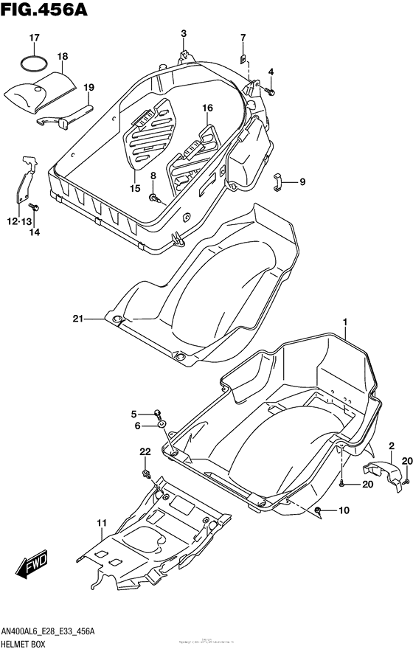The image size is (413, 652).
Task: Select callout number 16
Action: (207, 108)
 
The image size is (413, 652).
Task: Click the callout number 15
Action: (134, 189)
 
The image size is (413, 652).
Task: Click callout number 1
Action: (343, 322)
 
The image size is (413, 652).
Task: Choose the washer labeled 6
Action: (161, 426)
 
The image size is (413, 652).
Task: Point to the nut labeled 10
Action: (317, 510)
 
